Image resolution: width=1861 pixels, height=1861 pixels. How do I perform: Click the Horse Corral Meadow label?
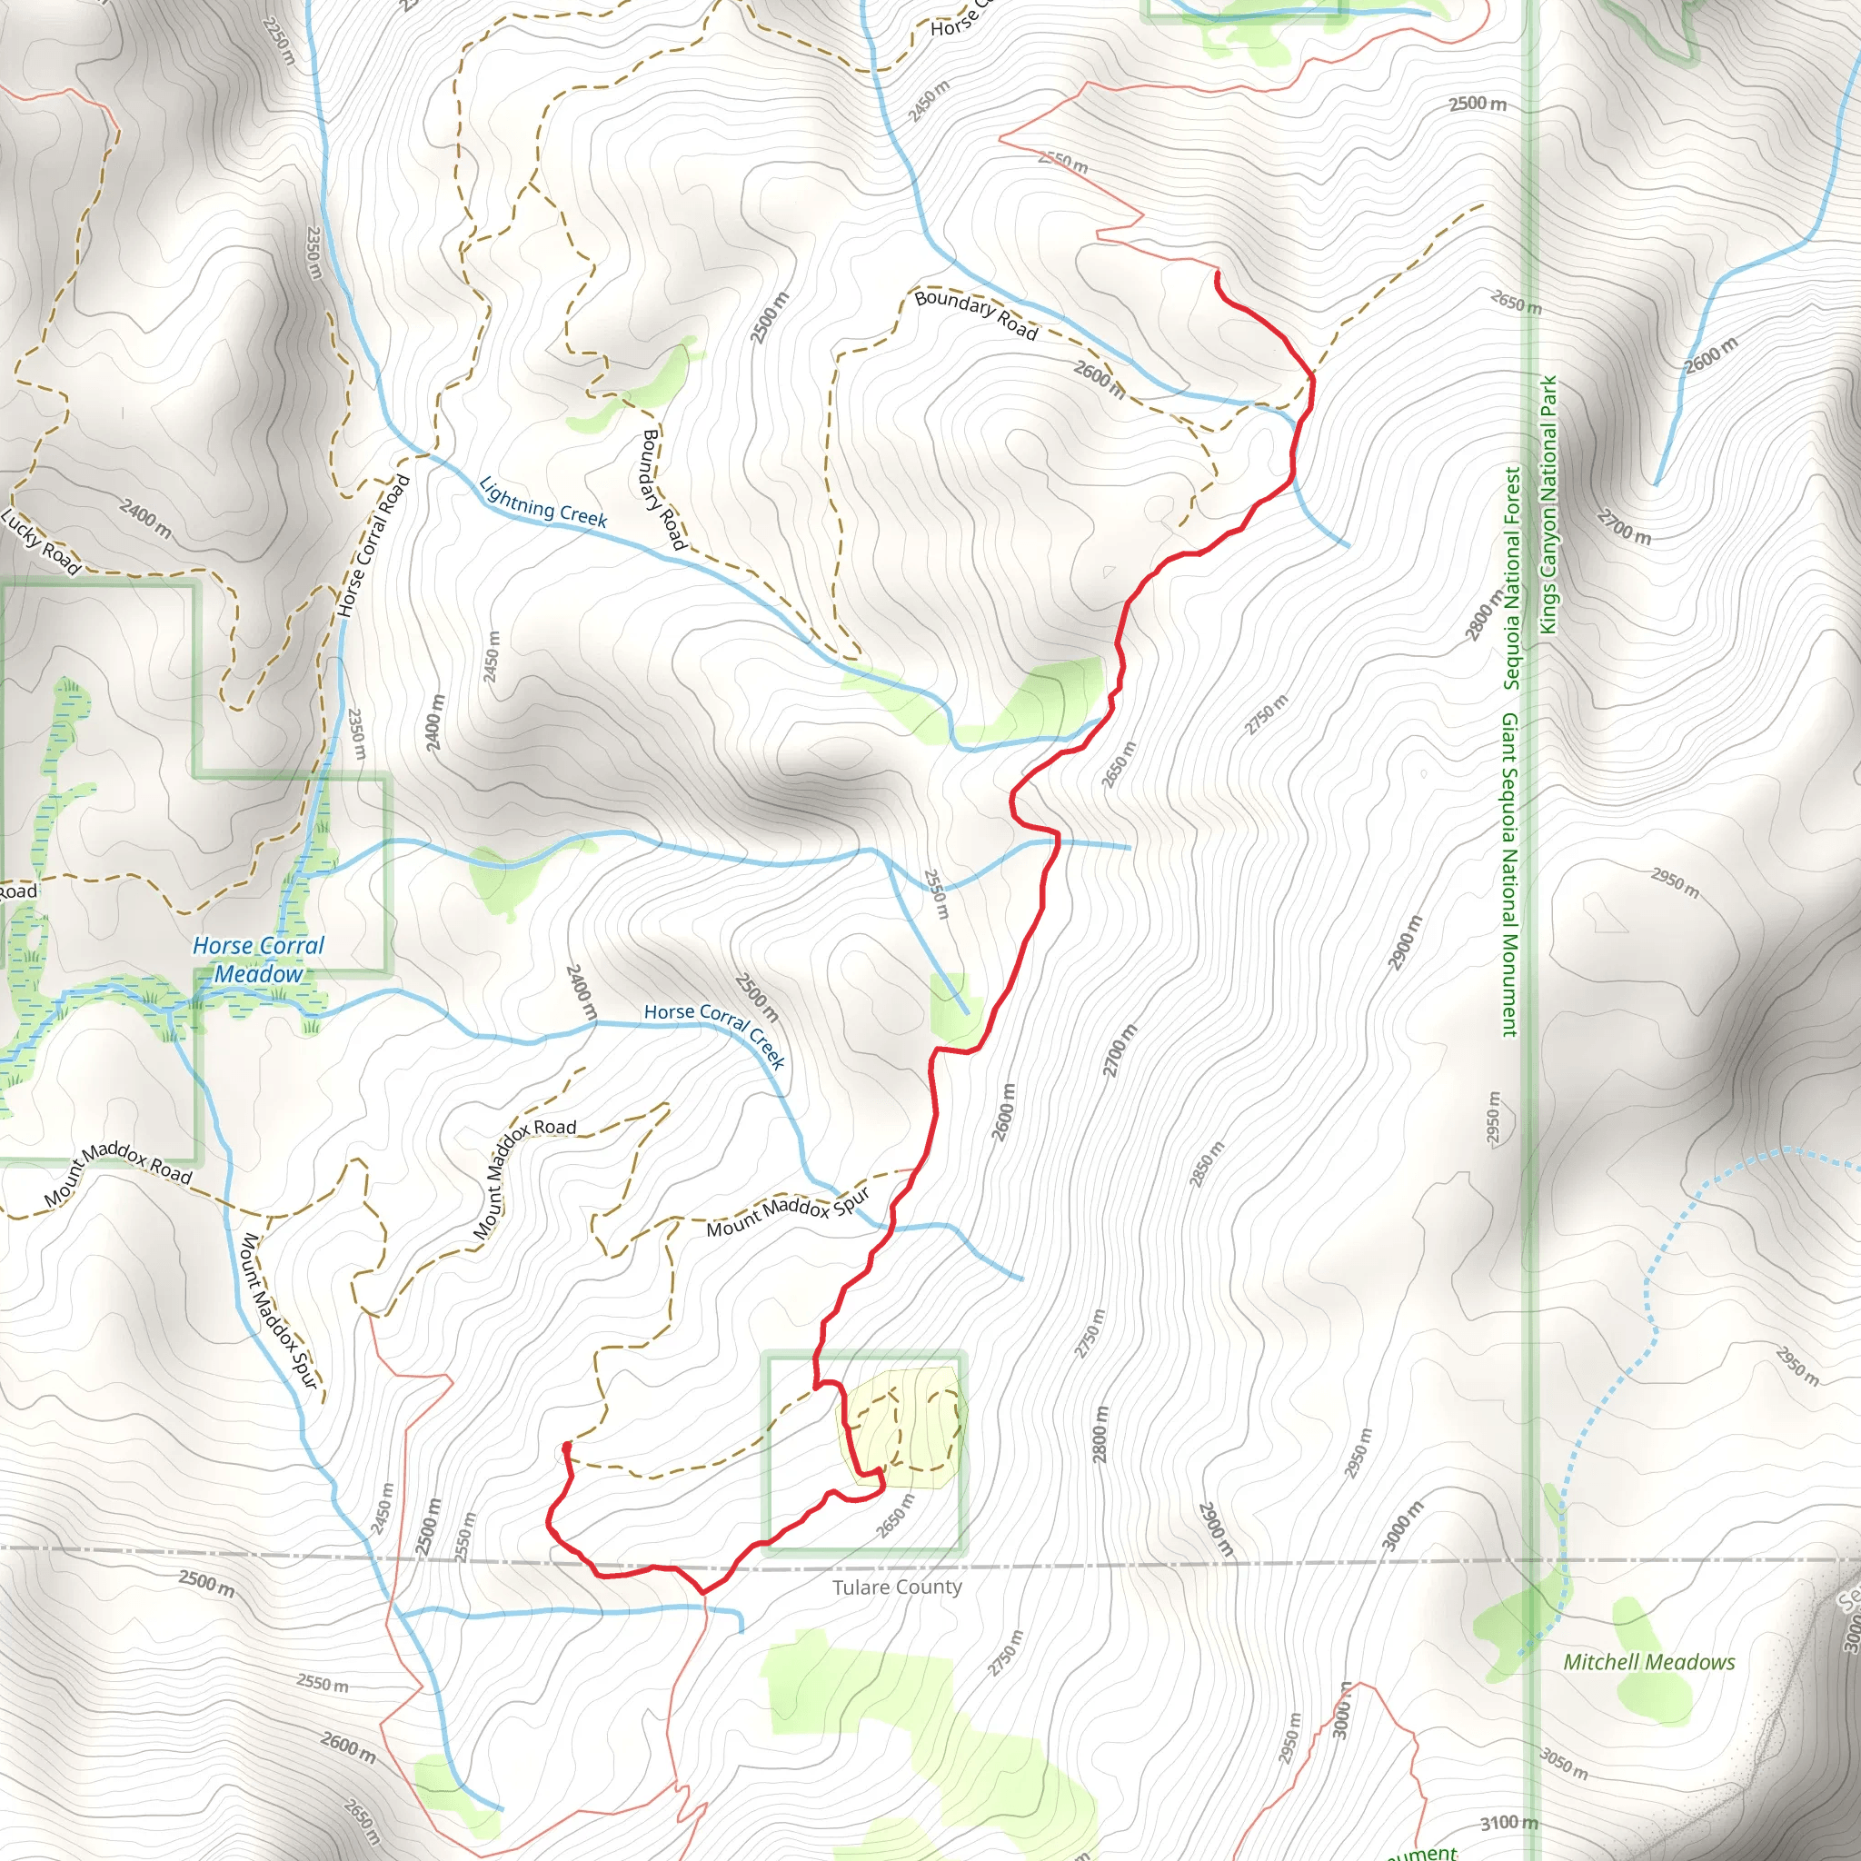pos(258,960)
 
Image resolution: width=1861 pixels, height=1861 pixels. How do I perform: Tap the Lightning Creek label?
pos(543,503)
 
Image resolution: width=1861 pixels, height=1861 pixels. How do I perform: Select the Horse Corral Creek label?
pos(715,1033)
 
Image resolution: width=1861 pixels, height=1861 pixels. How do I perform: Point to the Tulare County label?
pos(897,1587)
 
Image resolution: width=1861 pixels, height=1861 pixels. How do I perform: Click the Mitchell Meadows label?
pos(1649,1662)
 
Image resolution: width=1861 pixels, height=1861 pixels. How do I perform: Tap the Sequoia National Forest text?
pos(1511,578)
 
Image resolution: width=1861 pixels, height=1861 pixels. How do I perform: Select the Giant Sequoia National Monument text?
pos(1508,876)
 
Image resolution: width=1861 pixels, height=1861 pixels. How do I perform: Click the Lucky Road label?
pos(41,542)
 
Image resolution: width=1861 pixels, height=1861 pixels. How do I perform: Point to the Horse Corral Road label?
pos(373,546)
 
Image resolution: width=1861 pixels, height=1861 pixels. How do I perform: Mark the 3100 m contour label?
pos(1508,1823)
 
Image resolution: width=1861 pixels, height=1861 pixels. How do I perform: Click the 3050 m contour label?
pos(1562,1764)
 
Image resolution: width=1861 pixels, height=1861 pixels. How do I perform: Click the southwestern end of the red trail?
pos(566,1445)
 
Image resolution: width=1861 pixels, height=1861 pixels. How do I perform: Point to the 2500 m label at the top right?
pos(1478,103)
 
